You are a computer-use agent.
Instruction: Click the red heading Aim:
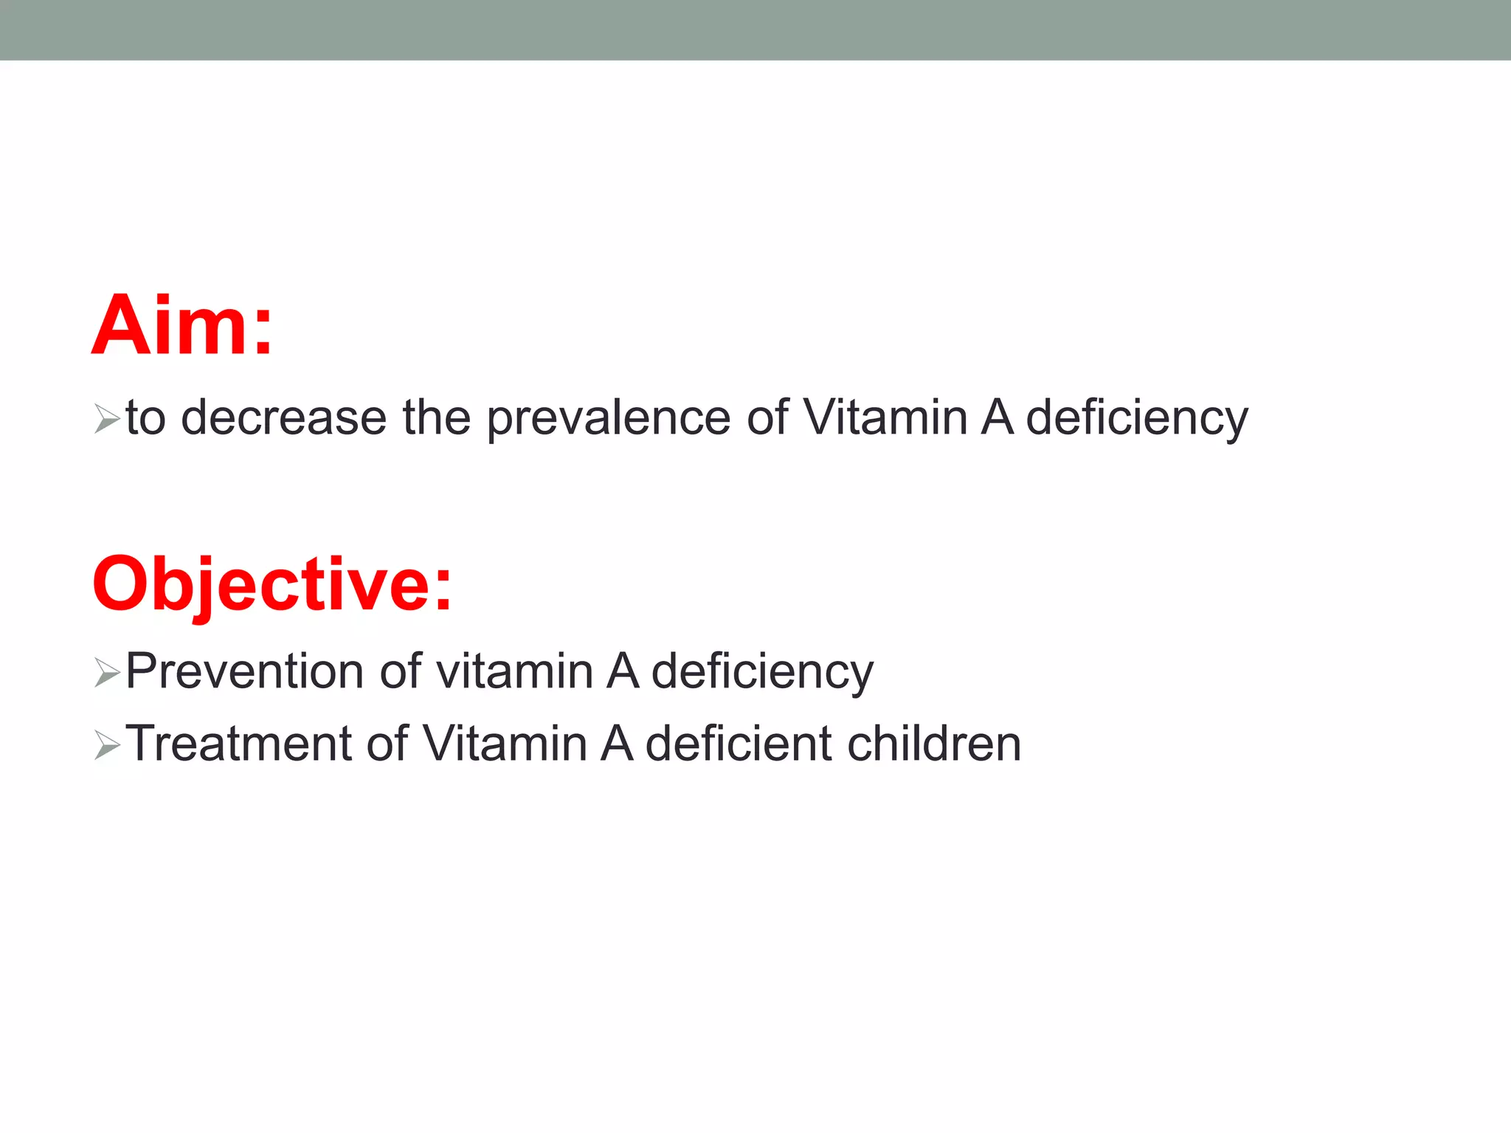(181, 325)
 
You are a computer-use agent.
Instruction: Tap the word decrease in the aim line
(283, 417)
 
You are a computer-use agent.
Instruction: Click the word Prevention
(244, 671)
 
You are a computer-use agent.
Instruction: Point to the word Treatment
(238, 743)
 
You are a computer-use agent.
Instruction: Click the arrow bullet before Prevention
(107, 673)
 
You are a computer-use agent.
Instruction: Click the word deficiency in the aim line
(1137, 419)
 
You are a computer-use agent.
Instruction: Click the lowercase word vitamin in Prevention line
(514, 671)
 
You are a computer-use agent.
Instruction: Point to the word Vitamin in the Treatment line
(504, 743)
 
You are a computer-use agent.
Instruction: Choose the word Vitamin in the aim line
(885, 417)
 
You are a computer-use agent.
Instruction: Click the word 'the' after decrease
(436, 417)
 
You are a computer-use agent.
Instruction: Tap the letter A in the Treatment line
(617, 743)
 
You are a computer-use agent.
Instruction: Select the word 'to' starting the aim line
(145, 417)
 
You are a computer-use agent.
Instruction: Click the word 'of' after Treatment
(387, 743)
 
